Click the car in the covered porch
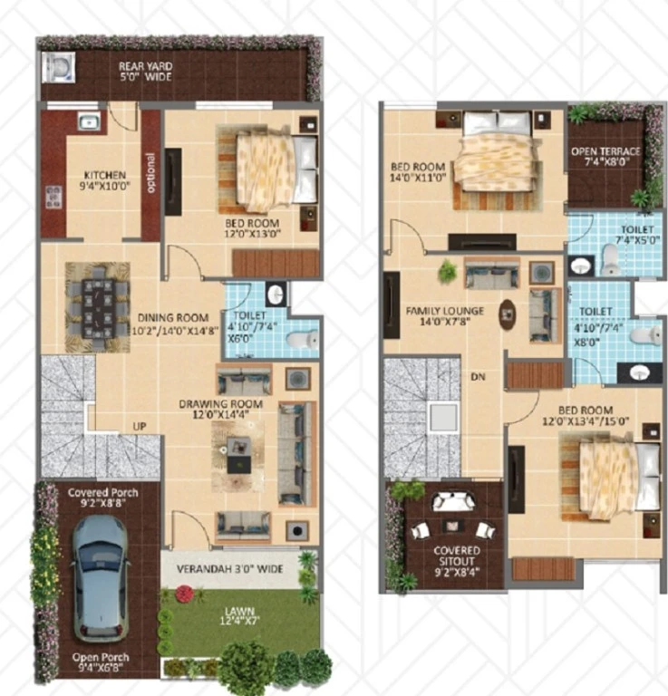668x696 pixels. click(101, 579)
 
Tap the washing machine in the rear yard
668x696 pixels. click(58, 67)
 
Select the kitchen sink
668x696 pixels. click(89, 121)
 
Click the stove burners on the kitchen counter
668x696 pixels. click(53, 197)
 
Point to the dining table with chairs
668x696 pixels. click(98, 306)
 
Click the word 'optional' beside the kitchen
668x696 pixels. click(150, 173)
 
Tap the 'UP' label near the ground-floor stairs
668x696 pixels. click(140, 426)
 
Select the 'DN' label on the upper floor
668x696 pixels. click(478, 377)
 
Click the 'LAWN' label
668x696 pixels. click(239, 611)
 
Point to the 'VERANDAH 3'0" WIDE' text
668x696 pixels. click(230, 569)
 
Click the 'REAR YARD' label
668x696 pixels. click(146, 66)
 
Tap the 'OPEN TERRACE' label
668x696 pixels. click(605, 151)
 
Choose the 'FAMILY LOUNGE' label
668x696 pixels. click(445, 311)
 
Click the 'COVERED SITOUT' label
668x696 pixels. click(457, 556)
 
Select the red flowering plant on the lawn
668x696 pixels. click(185, 593)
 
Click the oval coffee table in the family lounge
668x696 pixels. click(508, 314)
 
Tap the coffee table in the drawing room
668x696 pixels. click(238, 455)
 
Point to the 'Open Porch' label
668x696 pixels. click(101, 657)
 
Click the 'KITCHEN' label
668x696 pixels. click(105, 175)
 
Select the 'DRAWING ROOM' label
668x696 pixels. click(220, 404)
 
